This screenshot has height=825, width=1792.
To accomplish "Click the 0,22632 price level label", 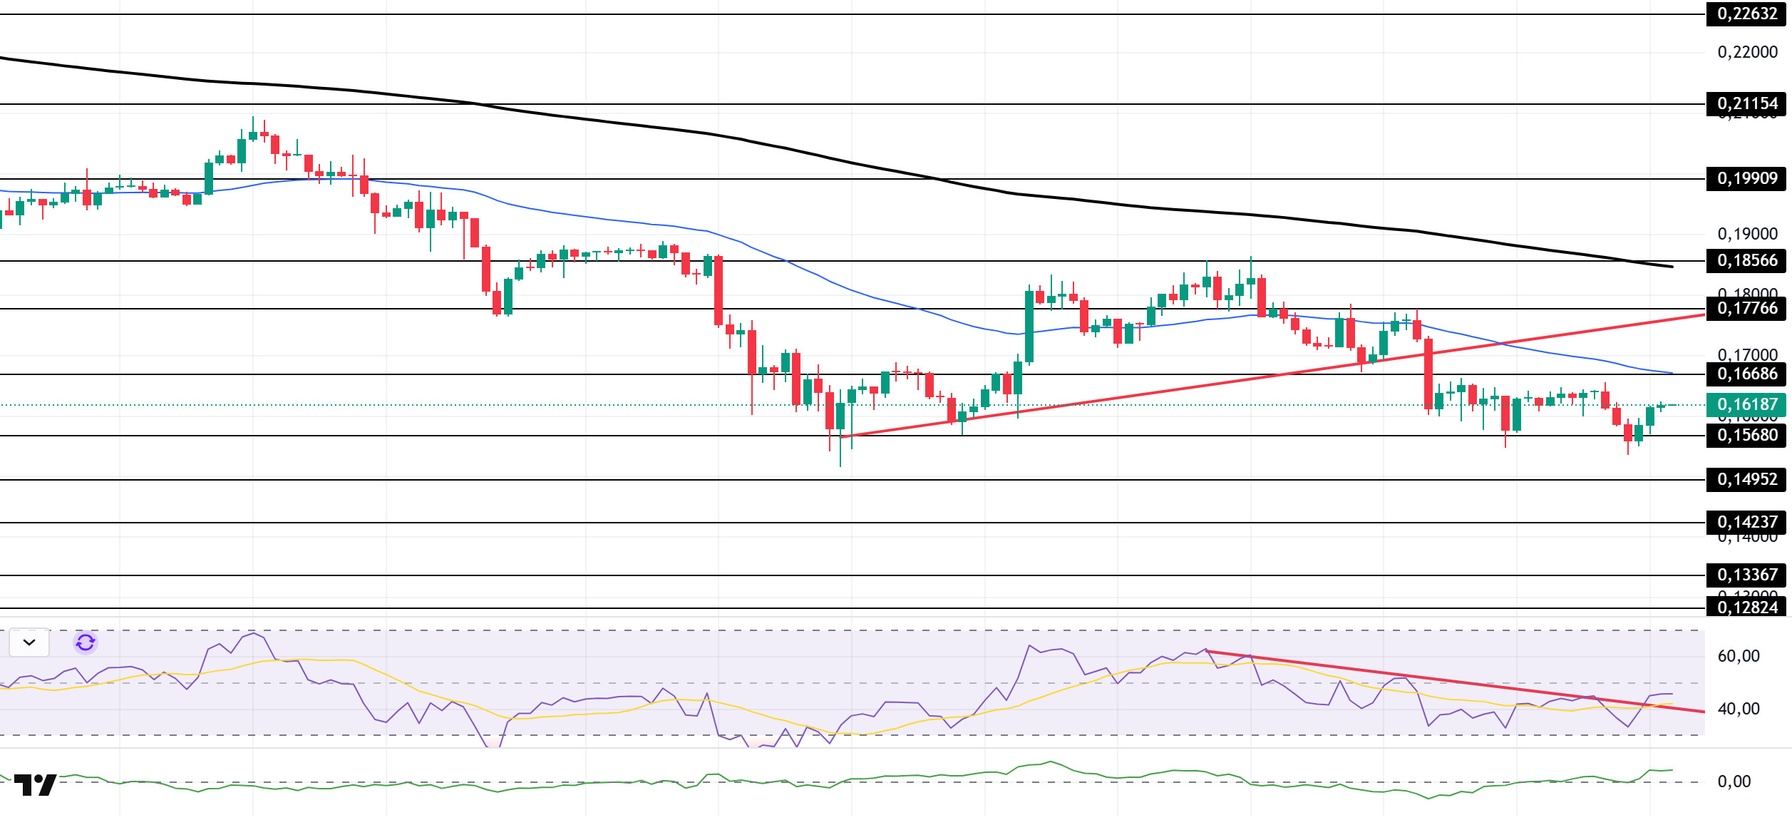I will coord(1746,14).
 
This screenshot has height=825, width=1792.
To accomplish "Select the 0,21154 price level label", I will coord(1746,104).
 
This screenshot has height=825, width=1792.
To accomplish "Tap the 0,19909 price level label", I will coord(1746,179).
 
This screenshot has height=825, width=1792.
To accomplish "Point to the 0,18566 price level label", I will coord(1746,261).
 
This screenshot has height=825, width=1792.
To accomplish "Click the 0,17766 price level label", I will coord(1746,309).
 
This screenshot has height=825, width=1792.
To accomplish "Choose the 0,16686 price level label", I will coord(1746,374).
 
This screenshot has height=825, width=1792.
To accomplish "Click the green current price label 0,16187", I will coord(1746,405).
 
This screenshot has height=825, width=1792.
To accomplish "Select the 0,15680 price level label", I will coord(1746,436).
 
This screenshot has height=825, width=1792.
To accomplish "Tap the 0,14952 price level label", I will coord(1746,480).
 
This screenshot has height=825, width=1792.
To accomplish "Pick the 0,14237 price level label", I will coord(1746,523).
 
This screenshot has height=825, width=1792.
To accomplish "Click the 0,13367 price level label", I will coord(1746,575).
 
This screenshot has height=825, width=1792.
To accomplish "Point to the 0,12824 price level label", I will coord(1746,608).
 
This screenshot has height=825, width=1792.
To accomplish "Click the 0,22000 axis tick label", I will coord(1747,53).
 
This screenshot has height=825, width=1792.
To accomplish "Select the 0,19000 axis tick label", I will coord(1747,235).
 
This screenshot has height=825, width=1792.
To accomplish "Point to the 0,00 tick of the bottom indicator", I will coord(1734,782).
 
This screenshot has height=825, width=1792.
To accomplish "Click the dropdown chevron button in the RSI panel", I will coord(29,643).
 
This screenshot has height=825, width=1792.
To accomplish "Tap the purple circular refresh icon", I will coord(86,643).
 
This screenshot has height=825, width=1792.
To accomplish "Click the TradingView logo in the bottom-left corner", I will coord(35,786).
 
